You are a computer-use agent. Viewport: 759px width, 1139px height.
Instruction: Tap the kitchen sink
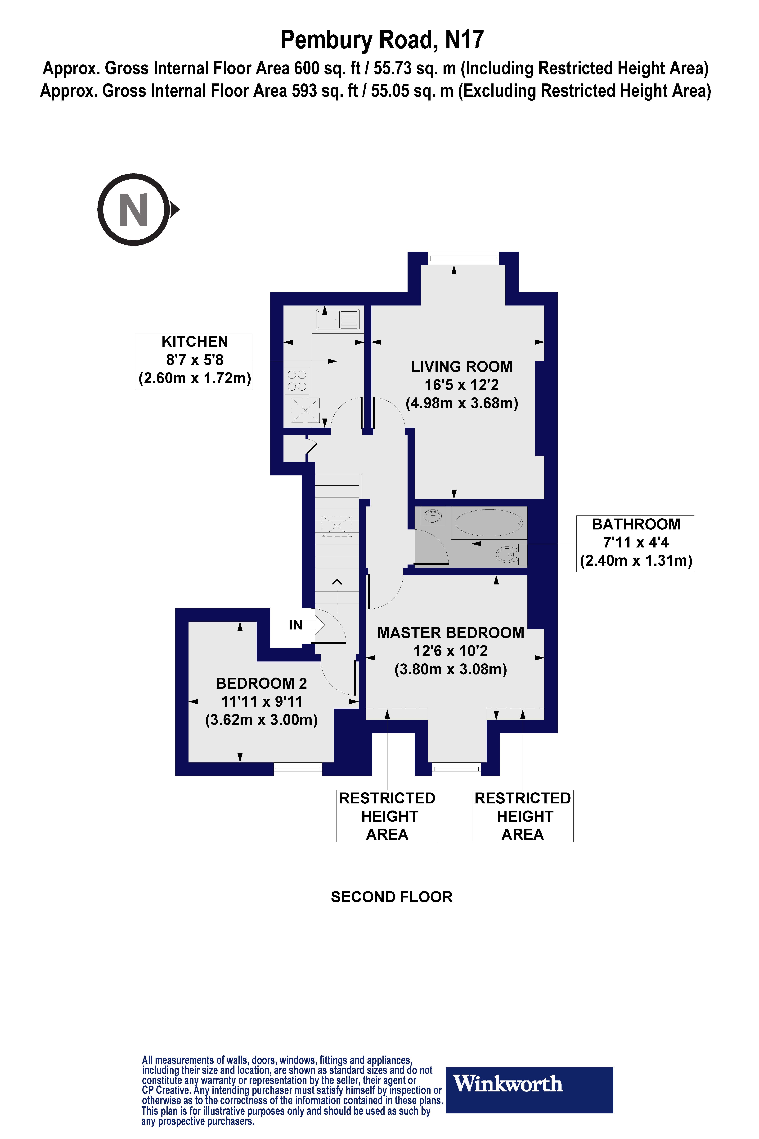(x=338, y=320)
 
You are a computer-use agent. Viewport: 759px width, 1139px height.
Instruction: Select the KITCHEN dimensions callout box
(x=194, y=361)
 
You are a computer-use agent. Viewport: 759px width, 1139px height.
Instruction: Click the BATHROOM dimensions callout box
(x=635, y=543)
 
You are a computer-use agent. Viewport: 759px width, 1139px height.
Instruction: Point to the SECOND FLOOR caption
(x=392, y=897)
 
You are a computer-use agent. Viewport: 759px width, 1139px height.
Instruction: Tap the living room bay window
(x=463, y=259)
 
